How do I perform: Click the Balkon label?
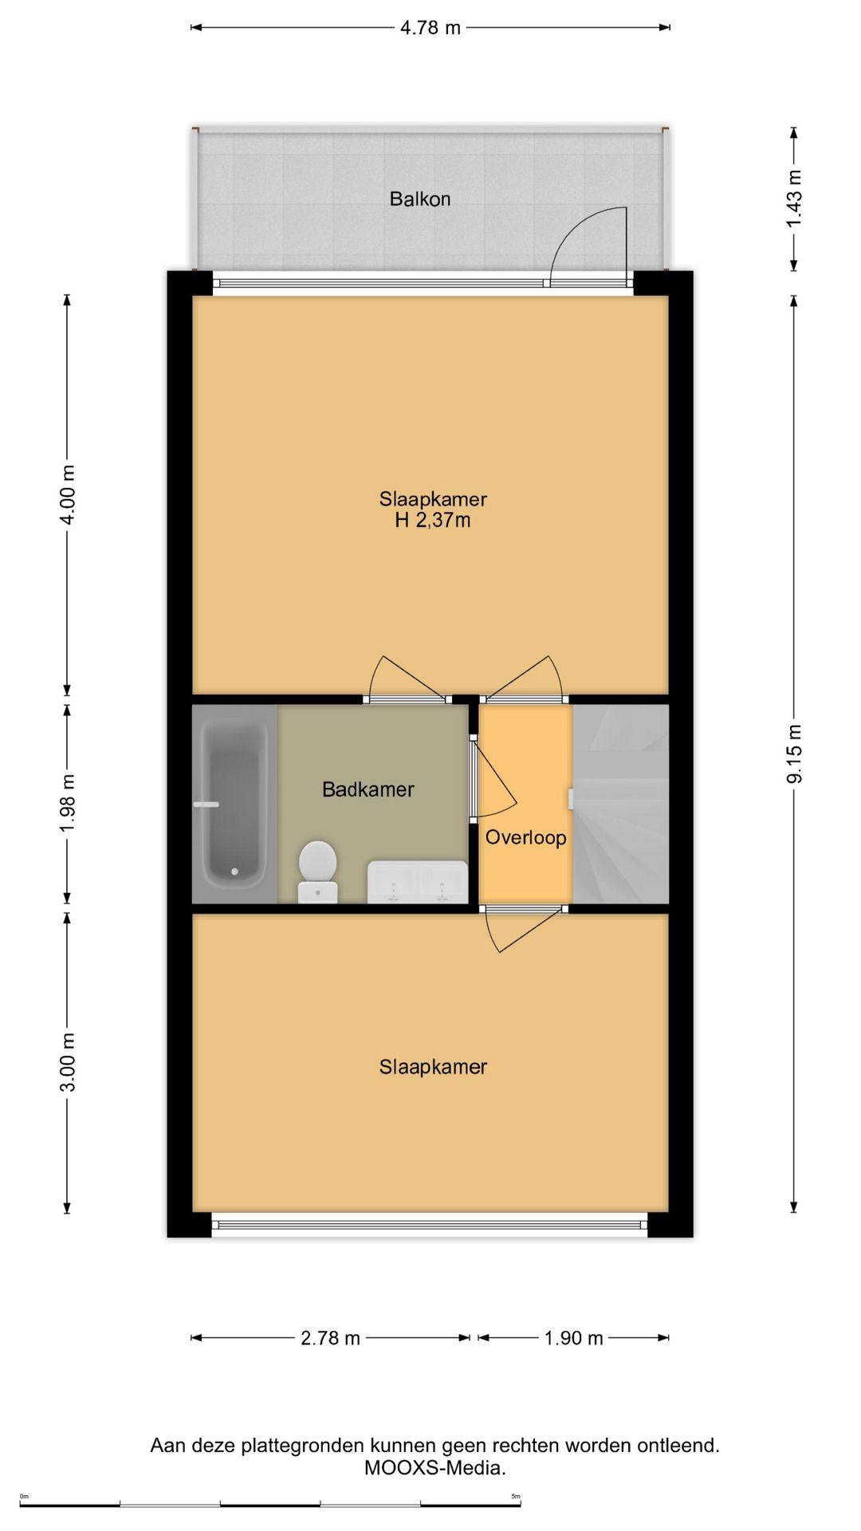pos(420,199)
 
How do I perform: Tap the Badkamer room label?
pos(368,789)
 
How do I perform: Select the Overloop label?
pos(526,837)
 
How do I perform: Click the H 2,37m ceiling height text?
pos(433,521)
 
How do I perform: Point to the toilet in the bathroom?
pos(318,872)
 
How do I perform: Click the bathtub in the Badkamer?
pos(234,803)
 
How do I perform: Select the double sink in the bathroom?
pos(418,882)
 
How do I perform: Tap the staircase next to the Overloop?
pos(620,804)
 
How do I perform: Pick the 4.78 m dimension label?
pos(431,28)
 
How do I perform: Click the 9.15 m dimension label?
pos(795,754)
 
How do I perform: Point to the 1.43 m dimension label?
pos(795,199)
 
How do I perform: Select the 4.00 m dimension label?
pos(69,494)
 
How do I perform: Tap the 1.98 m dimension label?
pos(69,803)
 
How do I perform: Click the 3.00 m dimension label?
pos(69,1062)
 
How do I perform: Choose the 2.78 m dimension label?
pos(330,1338)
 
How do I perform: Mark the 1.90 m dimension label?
pos(573,1338)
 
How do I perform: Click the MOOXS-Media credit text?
pos(435,1468)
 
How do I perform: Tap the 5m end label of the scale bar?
pos(516,1497)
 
